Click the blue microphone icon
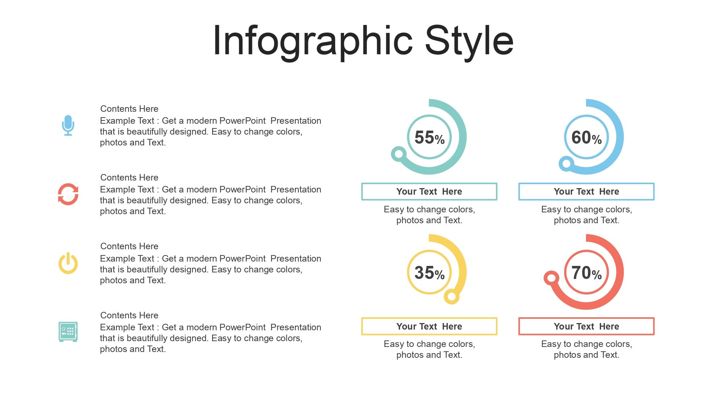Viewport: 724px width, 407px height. point(68,125)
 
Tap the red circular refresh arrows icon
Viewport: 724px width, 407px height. point(68,194)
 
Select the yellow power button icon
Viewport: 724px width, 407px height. point(68,263)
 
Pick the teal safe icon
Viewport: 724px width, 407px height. point(68,332)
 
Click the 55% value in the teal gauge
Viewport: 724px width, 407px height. point(429,137)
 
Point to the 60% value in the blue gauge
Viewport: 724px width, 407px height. point(586,137)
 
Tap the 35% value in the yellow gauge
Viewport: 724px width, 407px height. point(429,273)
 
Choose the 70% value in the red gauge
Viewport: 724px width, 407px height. point(586,273)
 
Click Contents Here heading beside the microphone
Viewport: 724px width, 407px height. point(129,109)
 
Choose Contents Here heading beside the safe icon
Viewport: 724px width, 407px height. point(129,315)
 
